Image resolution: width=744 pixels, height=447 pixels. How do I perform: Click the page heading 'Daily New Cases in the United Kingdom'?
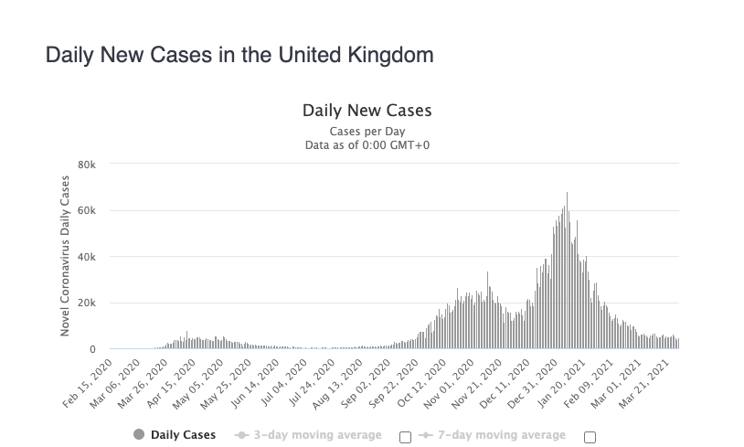click(239, 55)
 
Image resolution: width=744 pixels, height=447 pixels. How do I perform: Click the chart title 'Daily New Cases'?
click(367, 111)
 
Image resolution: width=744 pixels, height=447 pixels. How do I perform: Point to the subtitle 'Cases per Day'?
click(367, 131)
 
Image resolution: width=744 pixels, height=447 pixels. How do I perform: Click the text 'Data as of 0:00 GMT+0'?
click(367, 144)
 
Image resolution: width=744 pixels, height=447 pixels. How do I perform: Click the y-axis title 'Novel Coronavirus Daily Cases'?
click(66, 256)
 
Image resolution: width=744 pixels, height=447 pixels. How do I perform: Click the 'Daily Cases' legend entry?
click(175, 435)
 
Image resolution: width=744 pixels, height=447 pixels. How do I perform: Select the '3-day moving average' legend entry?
click(309, 435)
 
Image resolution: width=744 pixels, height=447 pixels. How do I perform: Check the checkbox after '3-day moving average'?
click(405, 436)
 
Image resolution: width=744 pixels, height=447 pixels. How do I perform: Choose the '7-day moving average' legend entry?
click(493, 435)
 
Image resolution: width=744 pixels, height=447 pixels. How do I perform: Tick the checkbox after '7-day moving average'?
click(590, 436)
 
